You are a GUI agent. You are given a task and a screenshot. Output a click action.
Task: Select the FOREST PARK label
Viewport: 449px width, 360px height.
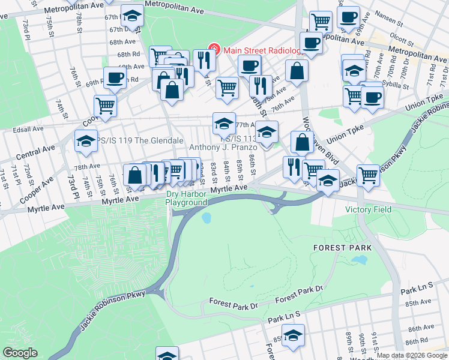[343, 247]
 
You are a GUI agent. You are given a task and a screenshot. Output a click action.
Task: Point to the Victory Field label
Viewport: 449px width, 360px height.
[369, 209]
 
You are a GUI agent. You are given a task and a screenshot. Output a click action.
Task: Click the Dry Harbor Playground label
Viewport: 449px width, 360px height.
[187, 199]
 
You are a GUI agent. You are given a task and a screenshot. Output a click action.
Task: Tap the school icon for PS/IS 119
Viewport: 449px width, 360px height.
[85, 141]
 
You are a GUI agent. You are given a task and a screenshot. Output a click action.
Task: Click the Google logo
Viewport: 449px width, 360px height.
[20, 352]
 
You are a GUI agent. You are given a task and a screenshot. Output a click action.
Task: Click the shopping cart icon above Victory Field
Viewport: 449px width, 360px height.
[367, 175]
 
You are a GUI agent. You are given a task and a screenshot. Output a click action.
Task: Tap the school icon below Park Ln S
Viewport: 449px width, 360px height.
[293, 335]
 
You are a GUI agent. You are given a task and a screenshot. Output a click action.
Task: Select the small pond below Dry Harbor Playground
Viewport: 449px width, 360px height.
[207, 217]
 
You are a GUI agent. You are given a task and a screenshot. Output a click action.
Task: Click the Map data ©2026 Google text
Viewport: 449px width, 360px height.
[412, 355]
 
